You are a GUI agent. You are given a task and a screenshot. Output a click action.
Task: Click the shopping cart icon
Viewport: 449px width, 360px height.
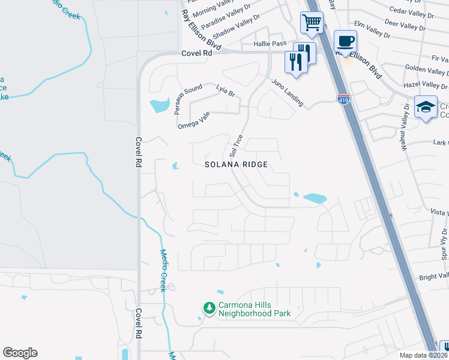coord(312,23)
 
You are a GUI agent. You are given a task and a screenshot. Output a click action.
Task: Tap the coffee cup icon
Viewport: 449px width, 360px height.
coord(345,41)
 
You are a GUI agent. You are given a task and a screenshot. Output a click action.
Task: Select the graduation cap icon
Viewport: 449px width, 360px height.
coord(426,107)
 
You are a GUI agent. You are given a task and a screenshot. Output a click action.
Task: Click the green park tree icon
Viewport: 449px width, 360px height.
coord(209,308)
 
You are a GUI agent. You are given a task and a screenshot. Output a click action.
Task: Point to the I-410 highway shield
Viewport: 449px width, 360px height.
coord(343,98)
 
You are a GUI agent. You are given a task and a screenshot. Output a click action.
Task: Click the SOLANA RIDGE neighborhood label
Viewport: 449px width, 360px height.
coord(235,164)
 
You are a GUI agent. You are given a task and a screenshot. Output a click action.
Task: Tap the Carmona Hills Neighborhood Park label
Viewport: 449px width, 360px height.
coord(255,309)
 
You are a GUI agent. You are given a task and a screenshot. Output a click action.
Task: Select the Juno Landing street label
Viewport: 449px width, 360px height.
coord(288,93)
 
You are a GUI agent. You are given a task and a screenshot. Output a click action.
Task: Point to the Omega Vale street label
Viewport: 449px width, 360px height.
coord(193,121)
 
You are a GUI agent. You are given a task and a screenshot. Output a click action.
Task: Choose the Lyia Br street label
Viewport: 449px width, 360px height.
coord(225,91)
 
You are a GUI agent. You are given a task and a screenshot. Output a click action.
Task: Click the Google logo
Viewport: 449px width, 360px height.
coord(20,353)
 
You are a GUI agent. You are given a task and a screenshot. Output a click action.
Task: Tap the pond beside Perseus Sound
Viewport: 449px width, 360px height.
coord(158,106)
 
